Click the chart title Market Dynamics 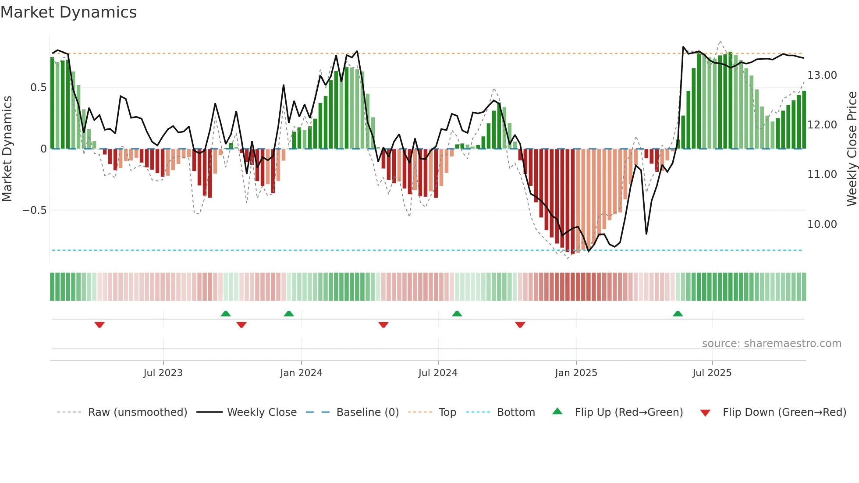(x=69, y=12)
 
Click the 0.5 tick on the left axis (x=38, y=88)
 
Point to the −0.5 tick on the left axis (x=34, y=210)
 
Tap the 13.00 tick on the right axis (x=822, y=75)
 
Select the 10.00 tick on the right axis (x=822, y=224)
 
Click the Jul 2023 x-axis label (x=163, y=373)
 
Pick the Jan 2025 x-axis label (x=576, y=373)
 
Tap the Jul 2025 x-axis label (x=712, y=373)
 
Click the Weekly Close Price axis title (x=852, y=149)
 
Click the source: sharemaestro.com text (x=771, y=344)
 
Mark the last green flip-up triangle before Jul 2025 (x=678, y=313)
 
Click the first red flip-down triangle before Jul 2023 (x=99, y=325)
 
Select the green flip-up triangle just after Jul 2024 (x=457, y=313)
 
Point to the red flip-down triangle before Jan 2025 (x=520, y=325)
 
